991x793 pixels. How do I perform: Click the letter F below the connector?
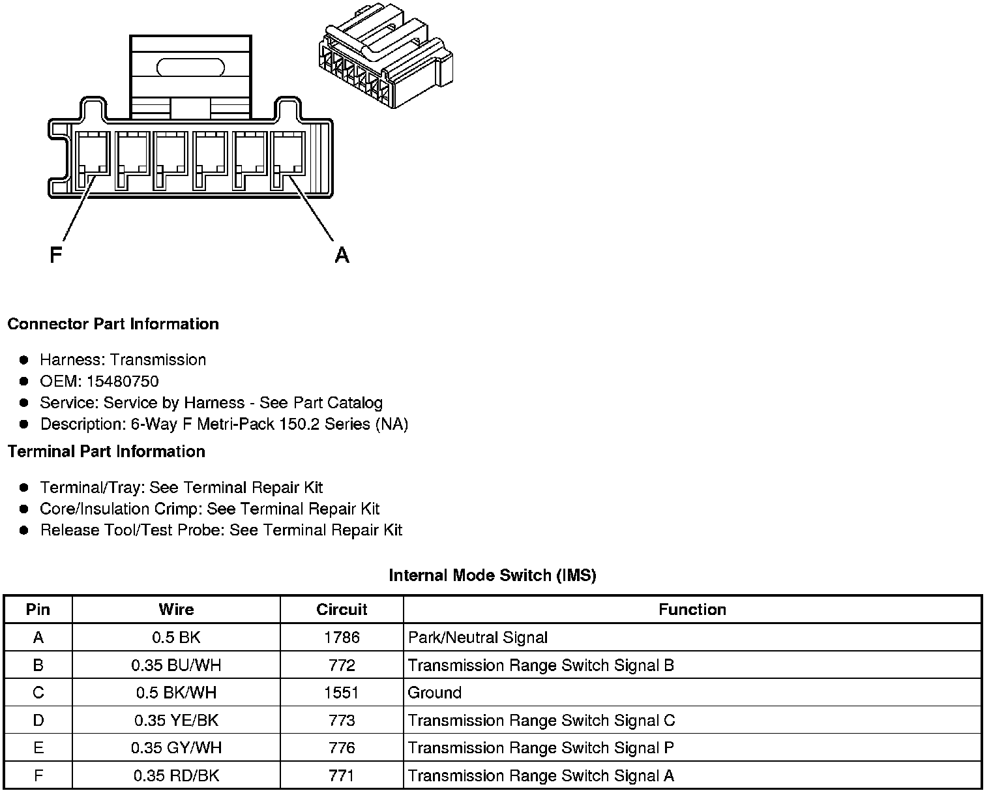[x=56, y=254]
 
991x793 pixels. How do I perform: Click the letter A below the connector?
[x=342, y=255]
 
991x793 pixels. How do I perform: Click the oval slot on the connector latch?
[x=191, y=67]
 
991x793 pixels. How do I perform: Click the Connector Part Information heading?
[x=113, y=324]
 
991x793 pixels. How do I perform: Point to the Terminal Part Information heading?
[x=106, y=451]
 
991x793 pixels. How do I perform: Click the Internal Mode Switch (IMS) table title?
[x=492, y=575]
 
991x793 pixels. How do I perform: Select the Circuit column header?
[x=342, y=610]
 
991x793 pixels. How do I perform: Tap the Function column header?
[x=692, y=610]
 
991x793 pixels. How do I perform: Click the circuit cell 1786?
[x=342, y=637]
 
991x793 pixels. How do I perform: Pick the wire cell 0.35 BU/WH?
[x=176, y=665]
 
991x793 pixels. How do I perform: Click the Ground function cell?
[x=435, y=693]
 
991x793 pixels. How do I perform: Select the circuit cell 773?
[x=342, y=721]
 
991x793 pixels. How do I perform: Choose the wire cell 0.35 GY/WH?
[x=176, y=748]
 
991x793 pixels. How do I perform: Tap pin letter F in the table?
[x=38, y=776]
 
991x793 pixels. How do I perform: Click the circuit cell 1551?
[x=342, y=693]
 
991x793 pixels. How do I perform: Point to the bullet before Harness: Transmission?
[x=24, y=360]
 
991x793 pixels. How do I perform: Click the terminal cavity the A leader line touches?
[x=288, y=160]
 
